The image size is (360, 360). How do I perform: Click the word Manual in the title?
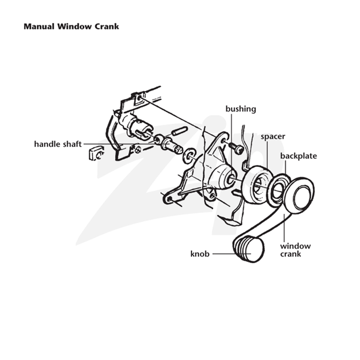39,27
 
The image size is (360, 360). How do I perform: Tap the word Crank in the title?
107,27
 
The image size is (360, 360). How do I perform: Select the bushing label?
241,109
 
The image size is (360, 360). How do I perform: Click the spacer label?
273,137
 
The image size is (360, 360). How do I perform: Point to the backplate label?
298,156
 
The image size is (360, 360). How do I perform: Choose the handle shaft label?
58,144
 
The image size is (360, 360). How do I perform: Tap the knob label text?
200,254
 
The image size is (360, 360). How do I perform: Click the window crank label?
295,250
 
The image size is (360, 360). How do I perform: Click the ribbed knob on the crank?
249,249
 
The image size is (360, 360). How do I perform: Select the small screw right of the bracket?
235,148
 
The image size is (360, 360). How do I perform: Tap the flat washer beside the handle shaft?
189,156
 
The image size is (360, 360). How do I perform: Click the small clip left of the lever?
96,153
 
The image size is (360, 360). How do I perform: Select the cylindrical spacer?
256,184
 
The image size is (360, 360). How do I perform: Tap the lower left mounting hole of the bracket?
170,199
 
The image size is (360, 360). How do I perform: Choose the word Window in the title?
75,27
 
